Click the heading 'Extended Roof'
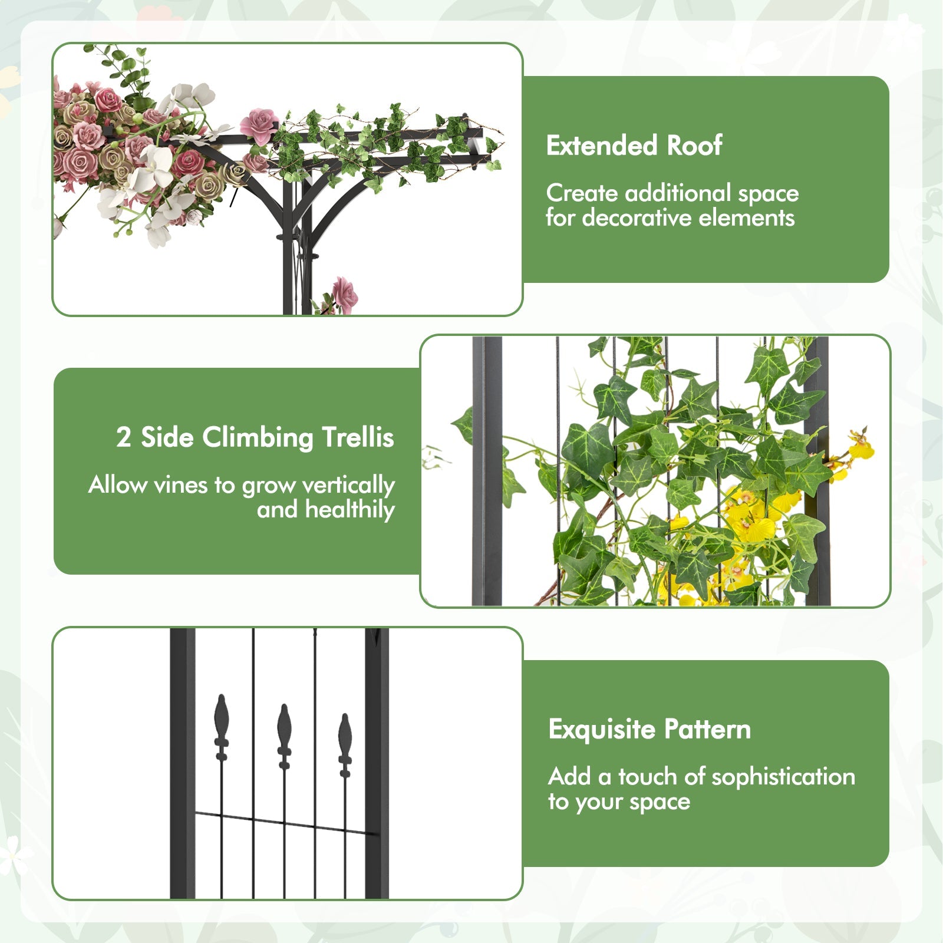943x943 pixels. [634, 146]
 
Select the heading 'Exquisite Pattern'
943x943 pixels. [649, 730]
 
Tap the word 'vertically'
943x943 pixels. [348, 485]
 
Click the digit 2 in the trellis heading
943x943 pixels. [123, 437]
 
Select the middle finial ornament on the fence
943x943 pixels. [284, 737]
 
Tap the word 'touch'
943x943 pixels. [647, 777]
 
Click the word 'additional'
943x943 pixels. [677, 193]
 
